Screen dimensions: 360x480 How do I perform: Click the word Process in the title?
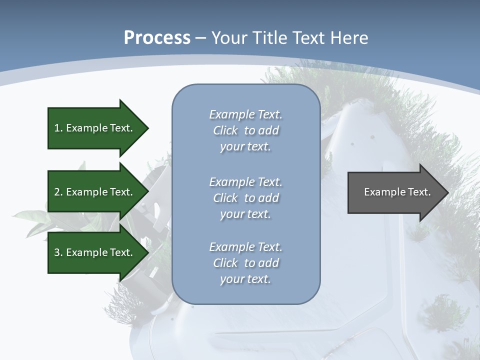pos(157,38)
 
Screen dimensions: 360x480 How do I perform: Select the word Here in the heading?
pos(348,38)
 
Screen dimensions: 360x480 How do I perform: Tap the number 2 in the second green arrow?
pos(57,192)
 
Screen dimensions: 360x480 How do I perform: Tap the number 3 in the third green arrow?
pos(57,252)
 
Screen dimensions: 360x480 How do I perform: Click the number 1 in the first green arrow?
pos(57,128)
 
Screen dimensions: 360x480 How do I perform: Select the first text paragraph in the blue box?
pos(245,130)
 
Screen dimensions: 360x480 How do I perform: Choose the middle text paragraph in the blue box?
pos(245,197)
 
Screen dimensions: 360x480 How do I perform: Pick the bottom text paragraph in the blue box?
pos(245,263)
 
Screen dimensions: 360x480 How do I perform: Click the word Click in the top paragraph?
pos(225,130)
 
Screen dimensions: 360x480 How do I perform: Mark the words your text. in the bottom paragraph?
pos(245,279)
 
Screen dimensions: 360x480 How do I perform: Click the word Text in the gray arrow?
pos(418,192)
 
